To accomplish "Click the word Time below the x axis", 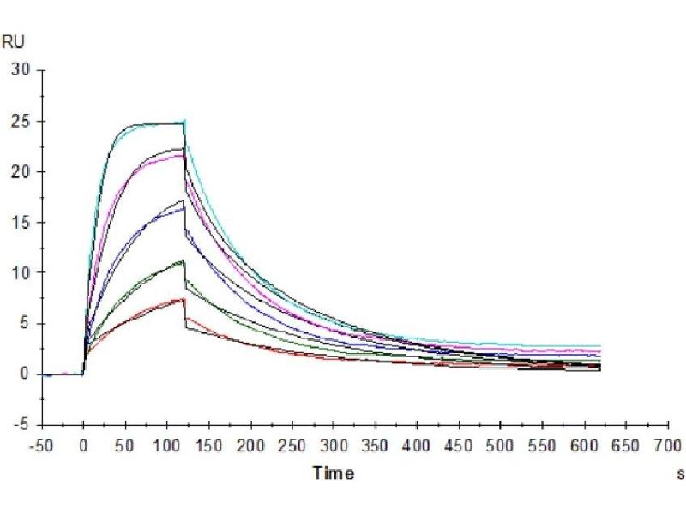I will point(333,473).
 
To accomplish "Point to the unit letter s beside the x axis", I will point(680,474).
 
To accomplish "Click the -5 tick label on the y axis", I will point(21,424).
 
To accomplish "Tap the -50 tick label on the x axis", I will point(41,446).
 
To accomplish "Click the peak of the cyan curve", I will point(184,121).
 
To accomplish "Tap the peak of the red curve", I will point(183,299).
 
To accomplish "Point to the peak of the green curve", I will point(183,261).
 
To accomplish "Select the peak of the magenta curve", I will point(183,155).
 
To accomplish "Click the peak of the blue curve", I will point(183,208).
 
